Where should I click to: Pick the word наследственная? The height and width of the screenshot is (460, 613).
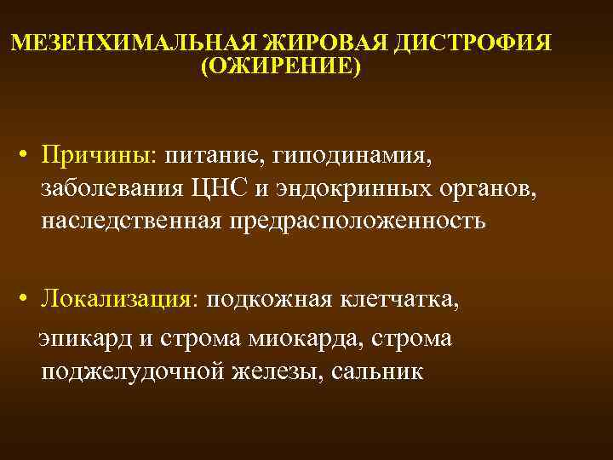tap(130, 221)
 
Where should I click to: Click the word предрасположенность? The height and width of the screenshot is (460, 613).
tap(358, 221)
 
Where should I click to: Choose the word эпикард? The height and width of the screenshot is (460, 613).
tap(82, 338)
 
